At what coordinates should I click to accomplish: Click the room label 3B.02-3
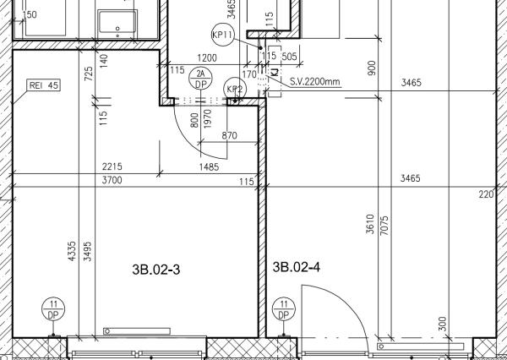pos(155,270)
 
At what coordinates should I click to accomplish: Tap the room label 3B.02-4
pos(297,268)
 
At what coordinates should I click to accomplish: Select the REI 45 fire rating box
pos(44,85)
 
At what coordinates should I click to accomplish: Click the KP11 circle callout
pos(222,35)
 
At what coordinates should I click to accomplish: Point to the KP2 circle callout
pos(235,89)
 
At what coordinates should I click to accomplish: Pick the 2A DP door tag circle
pos(201,79)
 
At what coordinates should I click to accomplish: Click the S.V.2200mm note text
pos(315,81)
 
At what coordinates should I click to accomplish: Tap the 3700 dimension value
pos(112,180)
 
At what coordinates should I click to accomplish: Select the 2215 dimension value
pos(112,166)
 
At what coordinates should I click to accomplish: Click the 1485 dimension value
pos(209,166)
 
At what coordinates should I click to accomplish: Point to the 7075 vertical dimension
pos(384,226)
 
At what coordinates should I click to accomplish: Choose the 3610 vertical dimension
pos(370,224)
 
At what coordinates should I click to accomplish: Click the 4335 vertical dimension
pos(72,251)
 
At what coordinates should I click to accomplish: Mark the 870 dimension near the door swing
pos(229,135)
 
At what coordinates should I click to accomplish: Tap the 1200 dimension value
pos(207,58)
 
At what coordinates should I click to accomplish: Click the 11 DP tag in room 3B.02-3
pos(53,309)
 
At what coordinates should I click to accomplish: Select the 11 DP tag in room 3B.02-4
pos(284,309)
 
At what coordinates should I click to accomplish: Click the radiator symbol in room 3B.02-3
pos(137,331)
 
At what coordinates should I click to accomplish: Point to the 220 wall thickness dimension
pos(487,194)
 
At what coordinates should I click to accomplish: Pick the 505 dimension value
pos(289,57)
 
